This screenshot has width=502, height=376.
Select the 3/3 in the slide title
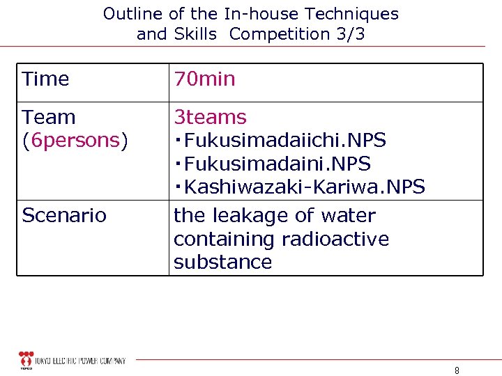point(351,33)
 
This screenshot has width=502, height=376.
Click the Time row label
point(46,79)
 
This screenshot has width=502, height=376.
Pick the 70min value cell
point(205,79)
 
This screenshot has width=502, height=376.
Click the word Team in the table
point(49,117)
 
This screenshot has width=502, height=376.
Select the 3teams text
point(210,117)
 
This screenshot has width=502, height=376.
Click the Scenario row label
point(64,216)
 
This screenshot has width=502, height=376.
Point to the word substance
point(222,263)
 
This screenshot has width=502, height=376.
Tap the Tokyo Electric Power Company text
point(82,361)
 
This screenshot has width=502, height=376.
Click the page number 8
point(457,370)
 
